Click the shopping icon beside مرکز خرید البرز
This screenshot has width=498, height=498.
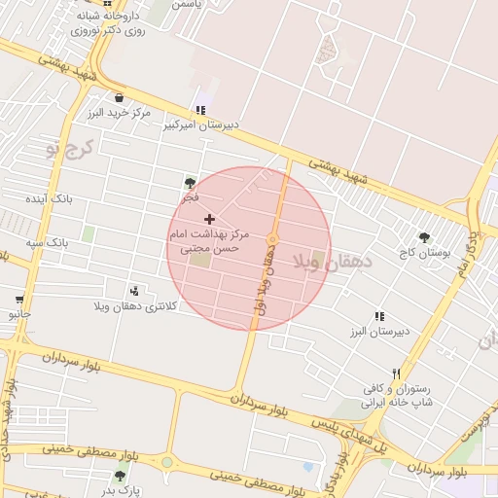(x=119, y=97)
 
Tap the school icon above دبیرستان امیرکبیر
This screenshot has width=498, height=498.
(x=199, y=110)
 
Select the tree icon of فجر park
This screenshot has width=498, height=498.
(x=189, y=182)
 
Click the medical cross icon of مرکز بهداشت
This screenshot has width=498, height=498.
(x=210, y=220)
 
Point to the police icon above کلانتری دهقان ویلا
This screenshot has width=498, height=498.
(x=134, y=290)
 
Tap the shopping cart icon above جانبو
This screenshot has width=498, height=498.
(x=18, y=299)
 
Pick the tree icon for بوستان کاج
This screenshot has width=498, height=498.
(x=424, y=236)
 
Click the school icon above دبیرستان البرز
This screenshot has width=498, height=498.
(x=379, y=316)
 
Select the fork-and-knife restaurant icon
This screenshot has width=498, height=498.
(x=396, y=373)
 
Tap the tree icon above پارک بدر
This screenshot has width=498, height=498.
(x=120, y=476)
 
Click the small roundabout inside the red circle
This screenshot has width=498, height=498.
(x=272, y=239)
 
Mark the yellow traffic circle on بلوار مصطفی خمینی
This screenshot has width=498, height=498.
(x=166, y=462)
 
